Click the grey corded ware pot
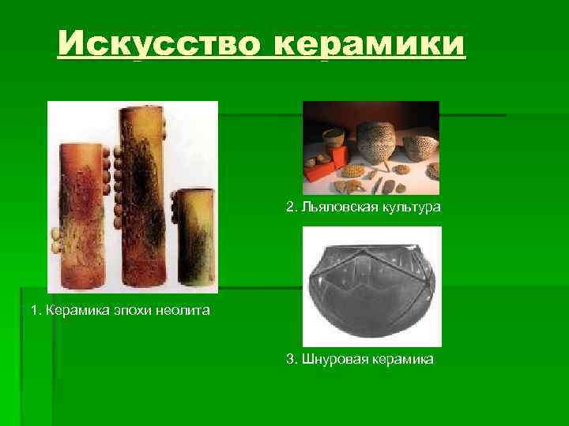(371, 288)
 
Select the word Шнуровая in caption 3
(330, 360)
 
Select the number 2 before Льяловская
(290, 207)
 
